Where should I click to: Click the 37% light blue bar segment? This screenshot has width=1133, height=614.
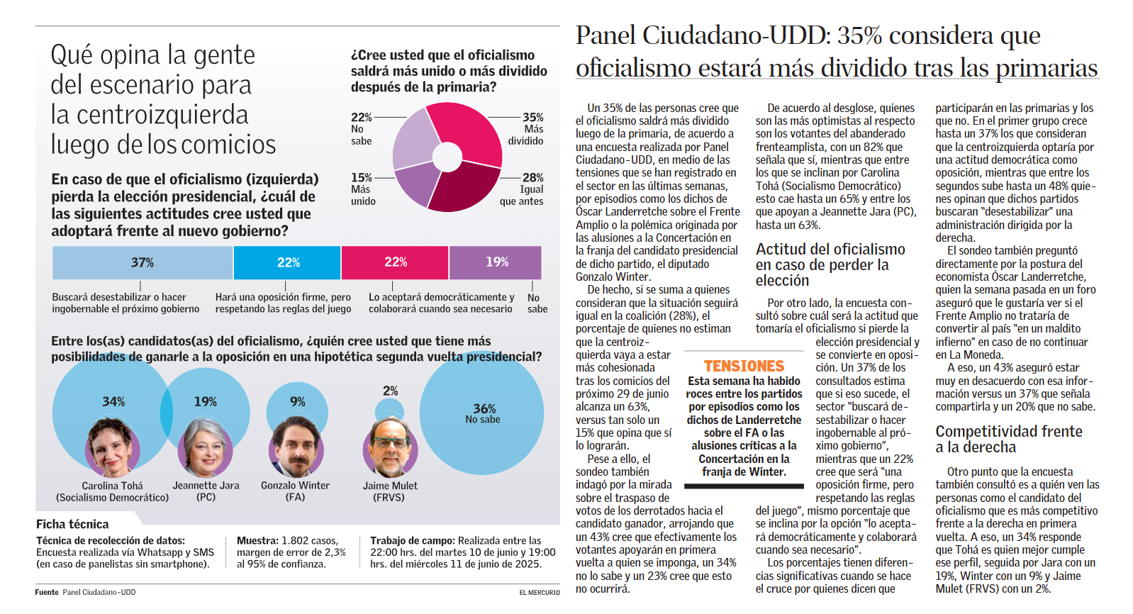(x=142, y=262)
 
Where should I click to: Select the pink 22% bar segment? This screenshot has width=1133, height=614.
(x=395, y=262)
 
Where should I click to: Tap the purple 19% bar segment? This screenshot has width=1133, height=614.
(x=496, y=262)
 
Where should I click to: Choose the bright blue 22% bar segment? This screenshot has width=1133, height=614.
(x=287, y=262)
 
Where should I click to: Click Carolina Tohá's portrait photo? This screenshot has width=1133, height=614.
(x=112, y=447)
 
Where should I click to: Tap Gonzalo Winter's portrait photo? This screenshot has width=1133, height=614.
(x=296, y=447)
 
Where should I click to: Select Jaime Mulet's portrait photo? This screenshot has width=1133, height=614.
(x=390, y=447)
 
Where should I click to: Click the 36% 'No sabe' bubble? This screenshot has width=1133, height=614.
(x=481, y=413)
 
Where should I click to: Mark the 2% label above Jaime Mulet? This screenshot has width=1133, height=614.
(x=390, y=391)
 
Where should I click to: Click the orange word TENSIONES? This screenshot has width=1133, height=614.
(x=744, y=366)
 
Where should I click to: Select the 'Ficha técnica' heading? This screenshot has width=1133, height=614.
(x=72, y=524)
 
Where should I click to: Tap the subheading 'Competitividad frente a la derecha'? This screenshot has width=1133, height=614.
(x=1009, y=439)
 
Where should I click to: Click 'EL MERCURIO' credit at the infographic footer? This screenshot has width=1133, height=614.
(x=539, y=593)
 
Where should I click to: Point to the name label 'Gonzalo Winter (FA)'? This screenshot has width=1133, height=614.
(x=295, y=491)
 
